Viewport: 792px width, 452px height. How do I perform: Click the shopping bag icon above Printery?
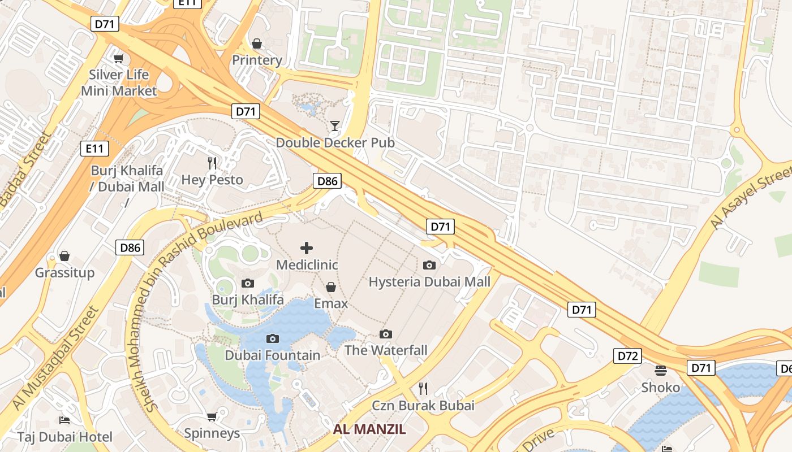pos(257,44)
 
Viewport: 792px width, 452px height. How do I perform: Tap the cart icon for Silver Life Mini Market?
pos(118,58)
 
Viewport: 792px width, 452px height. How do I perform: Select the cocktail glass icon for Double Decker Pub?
pos(335,125)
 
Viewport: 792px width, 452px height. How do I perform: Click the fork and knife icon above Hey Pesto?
pos(212,163)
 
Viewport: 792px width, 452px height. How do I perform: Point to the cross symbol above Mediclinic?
pos(307,248)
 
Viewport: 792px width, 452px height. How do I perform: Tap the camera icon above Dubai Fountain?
pos(273,338)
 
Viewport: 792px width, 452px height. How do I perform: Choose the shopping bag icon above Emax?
pos(331,287)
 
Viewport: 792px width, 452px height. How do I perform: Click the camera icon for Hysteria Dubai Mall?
pos(429,265)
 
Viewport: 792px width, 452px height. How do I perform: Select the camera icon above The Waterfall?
pos(386,334)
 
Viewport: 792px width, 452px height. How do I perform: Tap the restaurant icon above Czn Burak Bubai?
pos(423,388)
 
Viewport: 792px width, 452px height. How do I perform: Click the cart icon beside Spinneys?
pos(212,417)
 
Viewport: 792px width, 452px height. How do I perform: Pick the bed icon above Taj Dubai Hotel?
pos(64,420)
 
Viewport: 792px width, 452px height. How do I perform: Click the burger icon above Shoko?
pos(661,371)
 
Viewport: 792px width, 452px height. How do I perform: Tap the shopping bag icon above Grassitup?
pos(64,256)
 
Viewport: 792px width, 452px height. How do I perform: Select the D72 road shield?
pos(627,356)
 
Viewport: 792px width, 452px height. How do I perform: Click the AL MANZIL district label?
pos(369,429)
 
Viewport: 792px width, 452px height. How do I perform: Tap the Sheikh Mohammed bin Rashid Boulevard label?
pos(204,311)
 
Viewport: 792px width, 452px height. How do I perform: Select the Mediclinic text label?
pos(307,264)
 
